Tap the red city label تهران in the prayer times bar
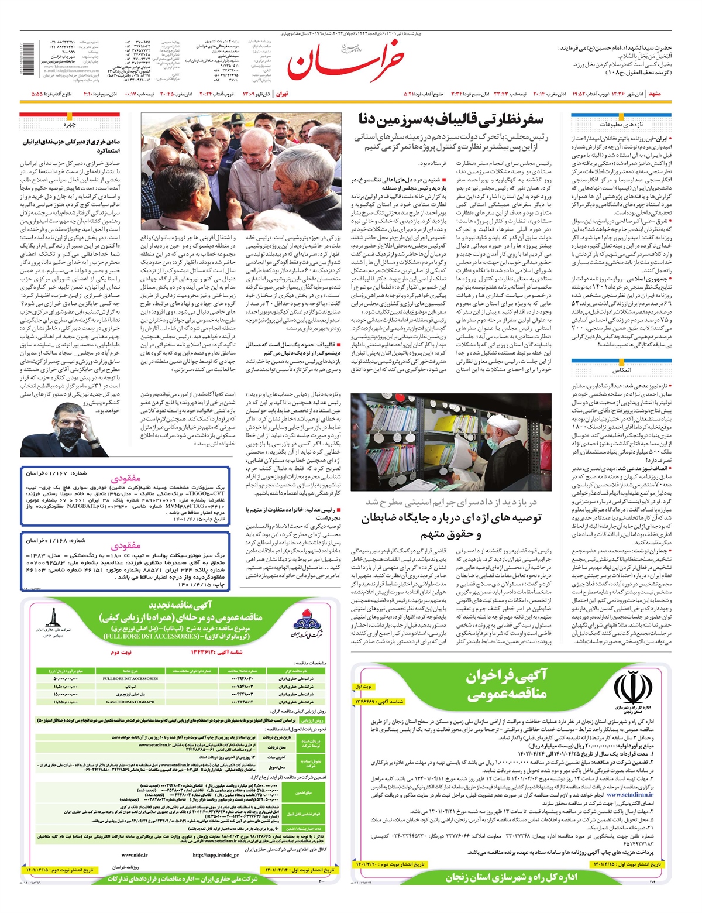pos(282,94)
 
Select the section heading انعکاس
pos(621,370)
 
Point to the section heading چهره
pos(70,125)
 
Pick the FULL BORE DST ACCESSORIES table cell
pos(130,679)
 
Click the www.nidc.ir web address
pos(135,855)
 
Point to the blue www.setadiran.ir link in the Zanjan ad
pos(629,795)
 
